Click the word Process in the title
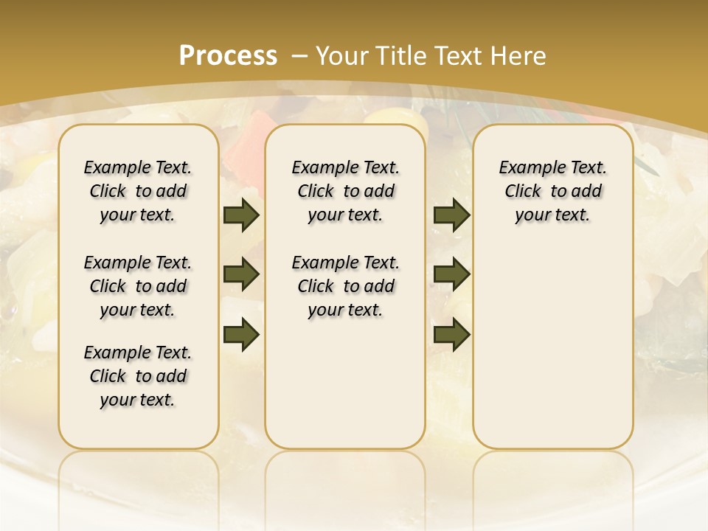click(228, 55)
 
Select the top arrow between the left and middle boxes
click(241, 215)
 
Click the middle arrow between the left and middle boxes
click(241, 274)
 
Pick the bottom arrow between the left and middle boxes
click(241, 334)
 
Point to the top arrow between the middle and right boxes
click(451, 215)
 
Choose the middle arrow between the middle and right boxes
click(451, 274)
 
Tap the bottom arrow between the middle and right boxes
click(451, 334)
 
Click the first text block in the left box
click(138, 191)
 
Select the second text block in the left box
click(138, 286)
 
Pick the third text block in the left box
click(138, 376)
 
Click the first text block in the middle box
click(345, 191)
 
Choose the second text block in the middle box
click(345, 286)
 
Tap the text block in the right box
click(553, 191)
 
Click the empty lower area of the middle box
click(345, 383)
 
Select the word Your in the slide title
click(344, 55)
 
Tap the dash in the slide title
click(299, 55)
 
